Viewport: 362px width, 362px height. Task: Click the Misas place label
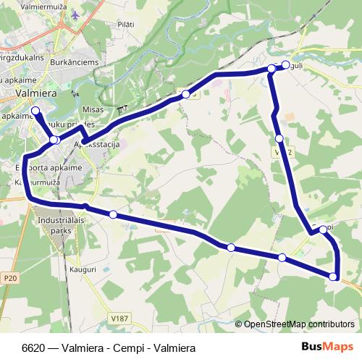click(x=94, y=109)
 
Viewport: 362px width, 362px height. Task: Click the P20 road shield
click(x=9, y=277)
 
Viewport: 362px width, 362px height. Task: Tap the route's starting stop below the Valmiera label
click(x=35, y=111)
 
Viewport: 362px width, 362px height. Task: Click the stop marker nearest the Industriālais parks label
click(x=113, y=214)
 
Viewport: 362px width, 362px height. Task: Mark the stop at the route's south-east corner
click(x=333, y=276)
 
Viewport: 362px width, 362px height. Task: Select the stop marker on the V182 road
click(x=279, y=138)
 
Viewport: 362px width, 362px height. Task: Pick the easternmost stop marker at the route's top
click(x=286, y=65)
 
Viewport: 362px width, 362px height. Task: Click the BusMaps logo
click(x=327, y=347)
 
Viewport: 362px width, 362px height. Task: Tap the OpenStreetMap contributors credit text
click(x=298, y=324)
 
